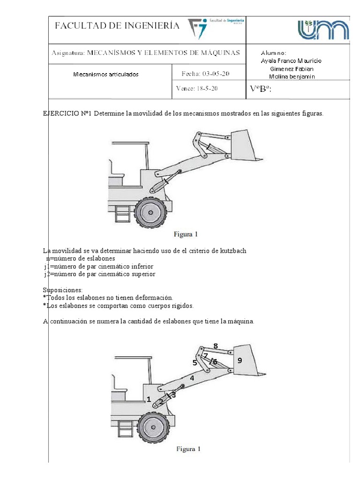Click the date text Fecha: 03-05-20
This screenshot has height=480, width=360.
205,74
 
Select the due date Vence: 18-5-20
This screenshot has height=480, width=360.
197,88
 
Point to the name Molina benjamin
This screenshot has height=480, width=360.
291,77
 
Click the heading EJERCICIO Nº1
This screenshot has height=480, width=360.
67,114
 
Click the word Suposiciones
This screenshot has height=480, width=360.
62,290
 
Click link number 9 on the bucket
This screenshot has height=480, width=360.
240,360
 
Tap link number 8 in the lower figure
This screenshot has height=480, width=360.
215,346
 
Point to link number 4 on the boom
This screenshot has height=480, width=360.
192,377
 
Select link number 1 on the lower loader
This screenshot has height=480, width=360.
149,399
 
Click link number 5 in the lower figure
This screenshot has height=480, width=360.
195,362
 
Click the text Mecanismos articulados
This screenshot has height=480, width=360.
106,74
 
